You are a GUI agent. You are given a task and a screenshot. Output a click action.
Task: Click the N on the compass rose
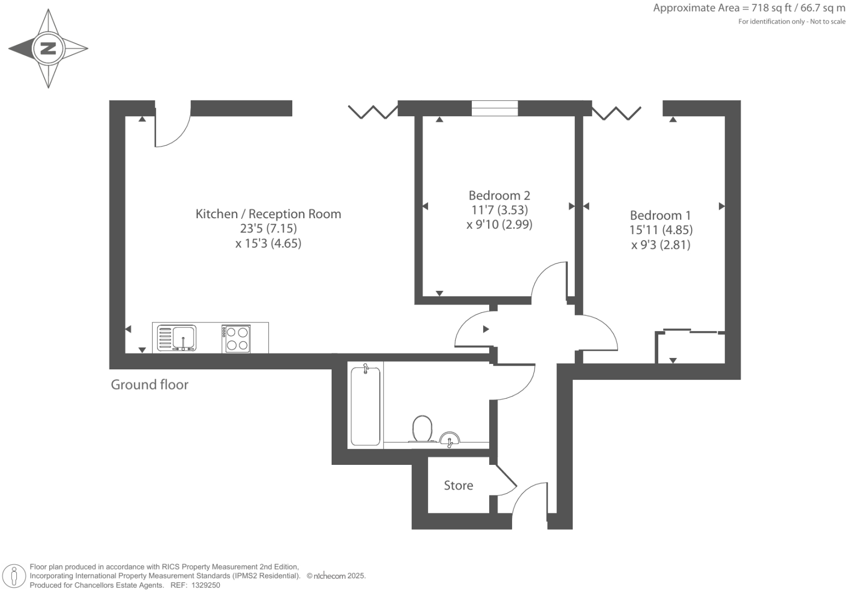pyautogui.click(x=49, y=49)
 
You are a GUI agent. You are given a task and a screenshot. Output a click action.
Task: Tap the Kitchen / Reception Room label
pyautogui.click(x=268, y=214)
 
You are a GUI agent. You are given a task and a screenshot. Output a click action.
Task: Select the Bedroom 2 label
pyautogui.click(x=499, y=195)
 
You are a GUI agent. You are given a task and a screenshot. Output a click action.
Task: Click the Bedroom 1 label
pyautogui.click(x=660, y=216)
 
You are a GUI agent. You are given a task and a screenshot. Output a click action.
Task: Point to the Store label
pyautogui.click(x=458, y=486)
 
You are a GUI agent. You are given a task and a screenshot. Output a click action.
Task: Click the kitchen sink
pyautogui.click(x=177, y=338)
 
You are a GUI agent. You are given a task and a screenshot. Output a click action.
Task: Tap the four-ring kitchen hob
pyautogui.click(x=236, y=338)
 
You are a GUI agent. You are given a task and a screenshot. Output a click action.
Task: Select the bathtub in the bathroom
pyautogui.click(x=365, y=405)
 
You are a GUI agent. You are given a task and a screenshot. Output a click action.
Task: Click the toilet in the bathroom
pyautogui.click(x=423, y=428)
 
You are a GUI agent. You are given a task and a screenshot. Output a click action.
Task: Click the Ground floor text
pyautogui.click(x=149, y=385)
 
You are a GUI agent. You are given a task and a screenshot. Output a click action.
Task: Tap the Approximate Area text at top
pyautogui.click(x=749, y=8)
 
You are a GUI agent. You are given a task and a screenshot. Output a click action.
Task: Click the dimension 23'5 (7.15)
pyautogui.click(x=268, y=229)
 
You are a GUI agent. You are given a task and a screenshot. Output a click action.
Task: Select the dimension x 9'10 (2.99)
pyautogui.click(x=499, y=224)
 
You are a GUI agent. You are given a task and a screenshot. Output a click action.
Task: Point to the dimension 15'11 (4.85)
pyautogui.click(x=660, y=230)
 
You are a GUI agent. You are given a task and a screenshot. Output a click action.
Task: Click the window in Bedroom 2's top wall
pyautogui.click(x=495, y=109)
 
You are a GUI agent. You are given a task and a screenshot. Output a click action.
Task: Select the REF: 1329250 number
pyautogui.click(x=205, y=585)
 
